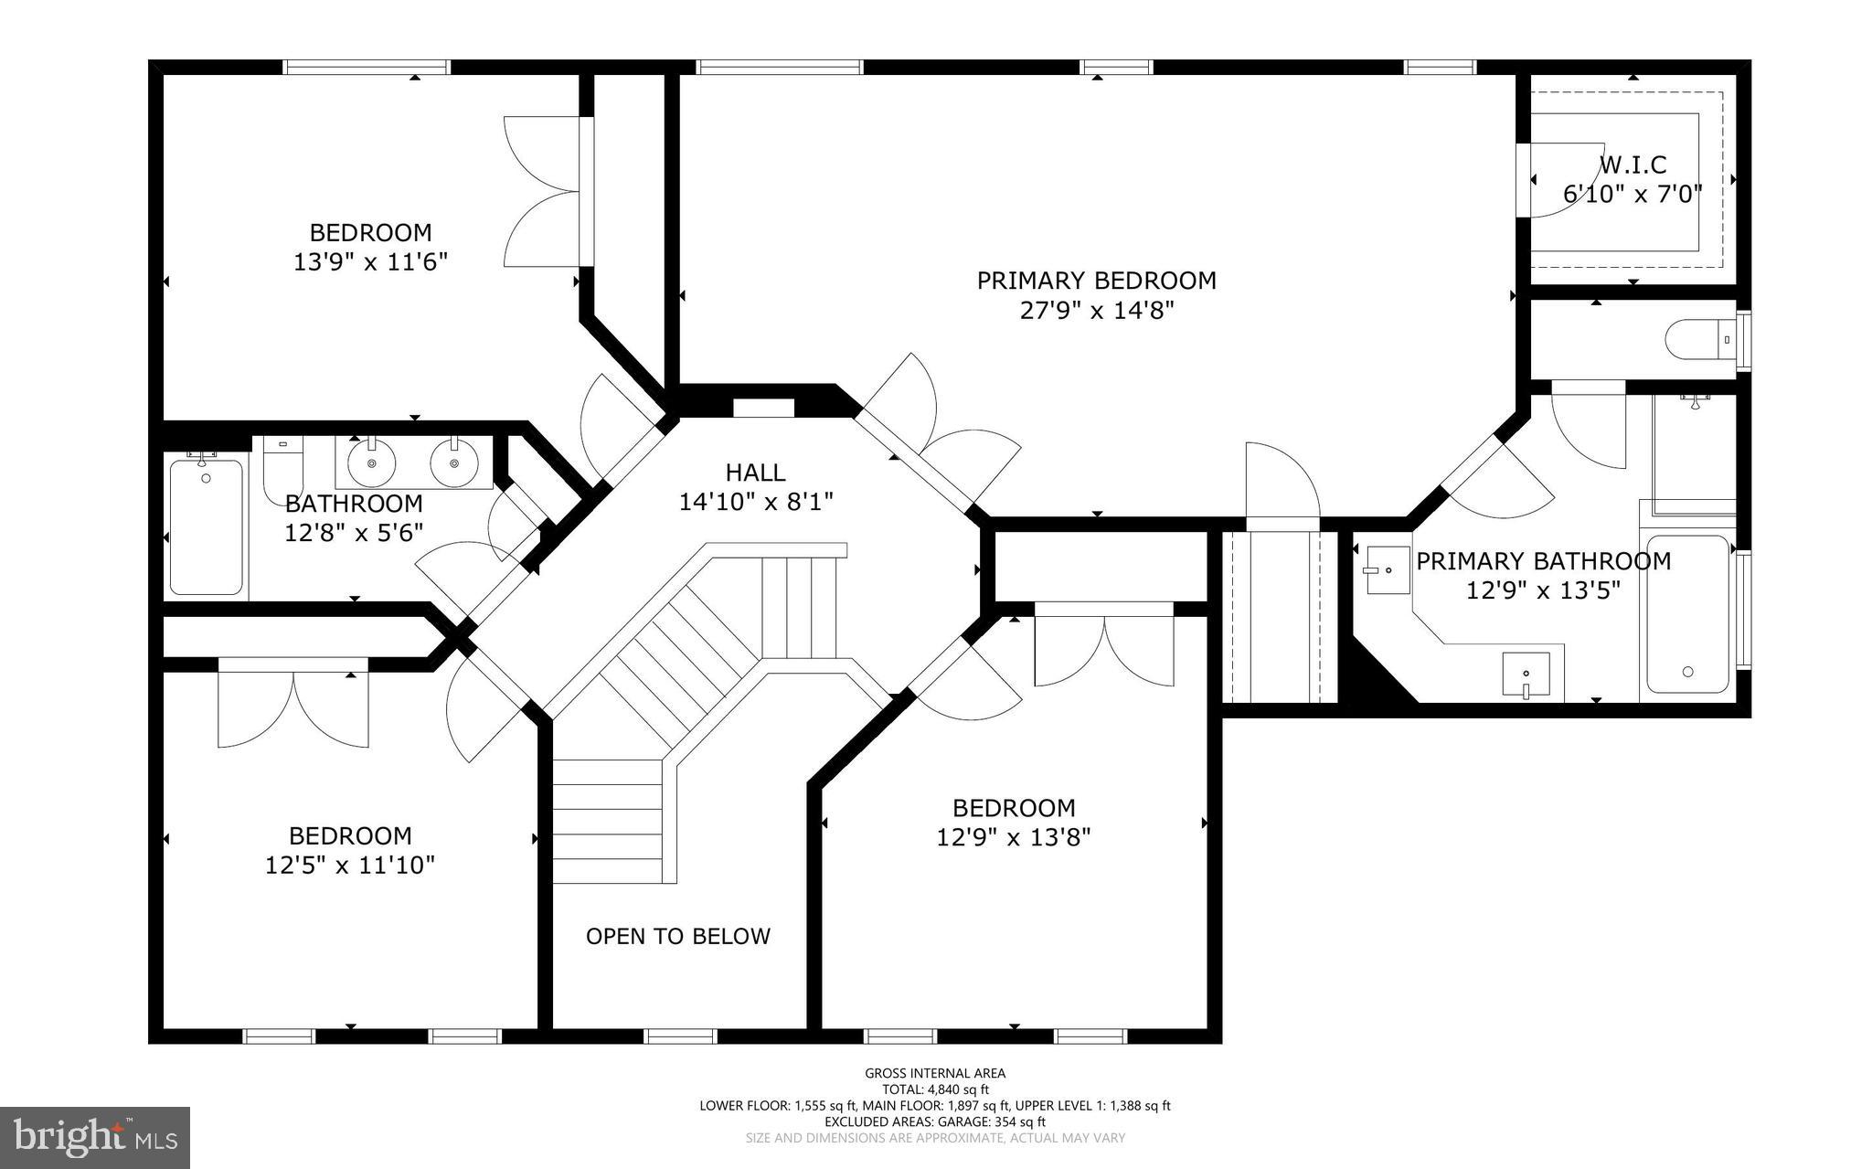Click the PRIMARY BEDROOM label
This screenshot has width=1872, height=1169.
[1096, 281]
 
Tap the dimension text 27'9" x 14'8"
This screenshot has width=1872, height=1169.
[1096, 311]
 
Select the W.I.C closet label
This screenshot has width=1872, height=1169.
[1632, 165]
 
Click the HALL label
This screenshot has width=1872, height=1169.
[755, 473]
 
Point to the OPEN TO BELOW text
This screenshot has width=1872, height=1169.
[678, 936]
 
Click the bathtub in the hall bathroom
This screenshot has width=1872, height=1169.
[207, 527]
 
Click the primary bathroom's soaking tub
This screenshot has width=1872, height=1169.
[1687, 615]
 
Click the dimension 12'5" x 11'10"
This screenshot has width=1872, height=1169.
[349, 865]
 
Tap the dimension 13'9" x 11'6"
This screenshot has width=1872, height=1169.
[370, 262]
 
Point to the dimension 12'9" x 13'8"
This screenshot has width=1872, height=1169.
[1014, 837]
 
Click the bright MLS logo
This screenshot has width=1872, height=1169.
[95, 1137]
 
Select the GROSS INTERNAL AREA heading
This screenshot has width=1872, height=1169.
[935, 1073]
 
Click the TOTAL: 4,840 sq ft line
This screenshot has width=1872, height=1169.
[935, 1089]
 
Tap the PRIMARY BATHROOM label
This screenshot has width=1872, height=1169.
[1543, 561]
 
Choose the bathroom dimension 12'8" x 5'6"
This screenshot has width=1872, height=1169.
[354, 533]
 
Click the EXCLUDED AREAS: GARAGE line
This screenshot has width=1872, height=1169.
[935, 1121]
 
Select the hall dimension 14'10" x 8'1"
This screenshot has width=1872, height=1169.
[756, 502]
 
